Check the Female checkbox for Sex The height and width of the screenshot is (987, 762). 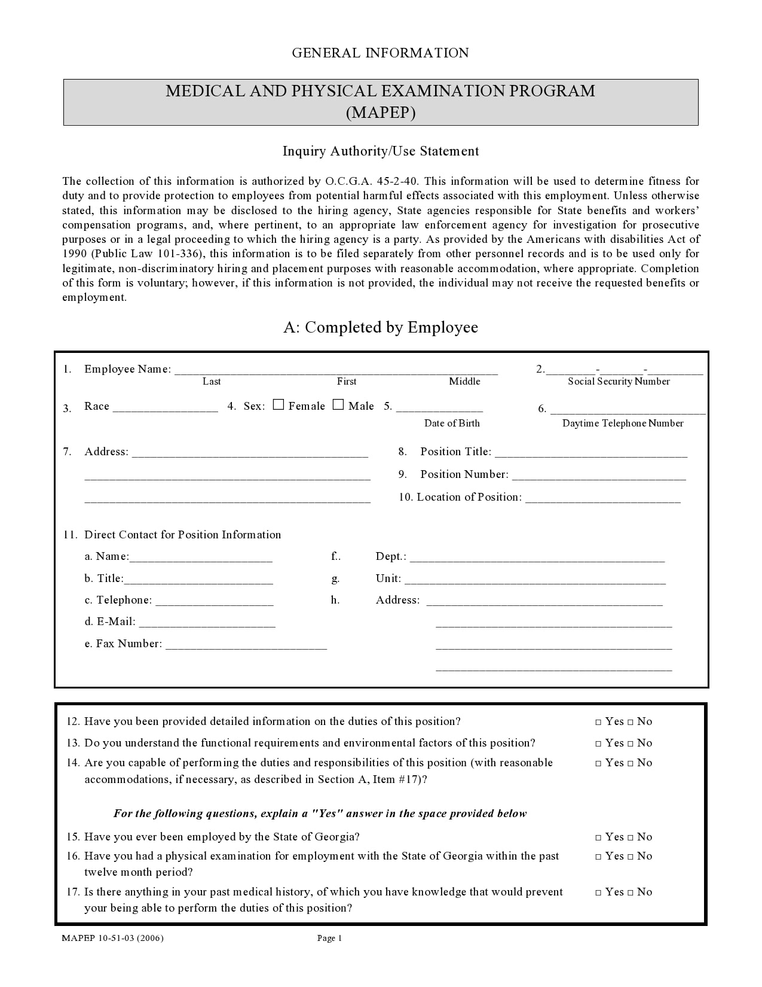(279, 405)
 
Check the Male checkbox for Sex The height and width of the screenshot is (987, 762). (338, 405)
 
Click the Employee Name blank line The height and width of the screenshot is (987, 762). (335, 370)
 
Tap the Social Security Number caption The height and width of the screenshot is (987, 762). (619, 382)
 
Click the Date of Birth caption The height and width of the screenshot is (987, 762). (452, 424)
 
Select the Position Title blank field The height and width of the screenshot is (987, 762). (591, 453)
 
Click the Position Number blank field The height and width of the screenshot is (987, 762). (599, 476)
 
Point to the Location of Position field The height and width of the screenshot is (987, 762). (602, 498)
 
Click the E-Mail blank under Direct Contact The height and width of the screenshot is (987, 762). (207, 623)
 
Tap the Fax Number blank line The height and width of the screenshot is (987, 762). (246, 645)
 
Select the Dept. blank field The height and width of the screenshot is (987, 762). (537, 558)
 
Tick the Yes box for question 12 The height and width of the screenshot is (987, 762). (598, 722)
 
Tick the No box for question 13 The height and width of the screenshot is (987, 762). (630, 744)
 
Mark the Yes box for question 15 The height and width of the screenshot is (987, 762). (598, 837)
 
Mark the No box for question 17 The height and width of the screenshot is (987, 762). (630, 892)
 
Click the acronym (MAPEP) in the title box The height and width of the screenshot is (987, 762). (381, 112)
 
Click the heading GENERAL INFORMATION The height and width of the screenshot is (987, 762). (380, 53)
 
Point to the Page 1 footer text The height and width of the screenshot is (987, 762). (329, 938)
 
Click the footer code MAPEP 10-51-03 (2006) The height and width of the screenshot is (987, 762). (112, 938)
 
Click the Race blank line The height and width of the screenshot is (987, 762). (165, 407)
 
